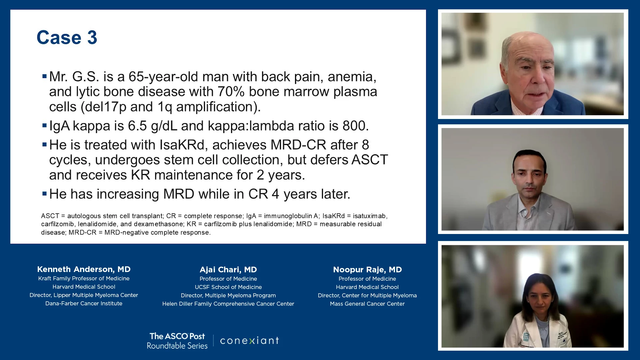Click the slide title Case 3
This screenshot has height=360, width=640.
pos(67,37)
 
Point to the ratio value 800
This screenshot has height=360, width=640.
pos(356,126)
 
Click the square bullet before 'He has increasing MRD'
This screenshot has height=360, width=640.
pos(44,193)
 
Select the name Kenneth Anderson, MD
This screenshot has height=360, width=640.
pos(84,269)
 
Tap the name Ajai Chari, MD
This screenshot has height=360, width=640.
pos(228,270)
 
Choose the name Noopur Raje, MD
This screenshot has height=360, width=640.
pos(367,270)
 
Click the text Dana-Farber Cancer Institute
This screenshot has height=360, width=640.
pos(84,304)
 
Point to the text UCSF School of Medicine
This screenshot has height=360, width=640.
pos(228,287)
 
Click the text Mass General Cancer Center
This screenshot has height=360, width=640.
pos(367,304)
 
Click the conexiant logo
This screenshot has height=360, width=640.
pos(249,340)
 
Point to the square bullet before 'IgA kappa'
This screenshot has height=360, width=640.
pos(44,126)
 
